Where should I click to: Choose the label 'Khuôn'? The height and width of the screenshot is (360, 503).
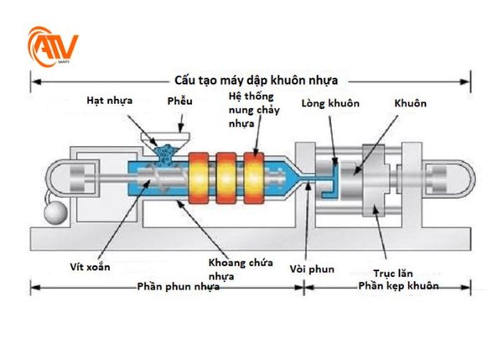(408, 103)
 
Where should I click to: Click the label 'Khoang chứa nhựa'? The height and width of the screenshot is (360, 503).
(233, 268)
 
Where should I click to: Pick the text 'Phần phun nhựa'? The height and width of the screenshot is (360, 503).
(179, 287)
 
